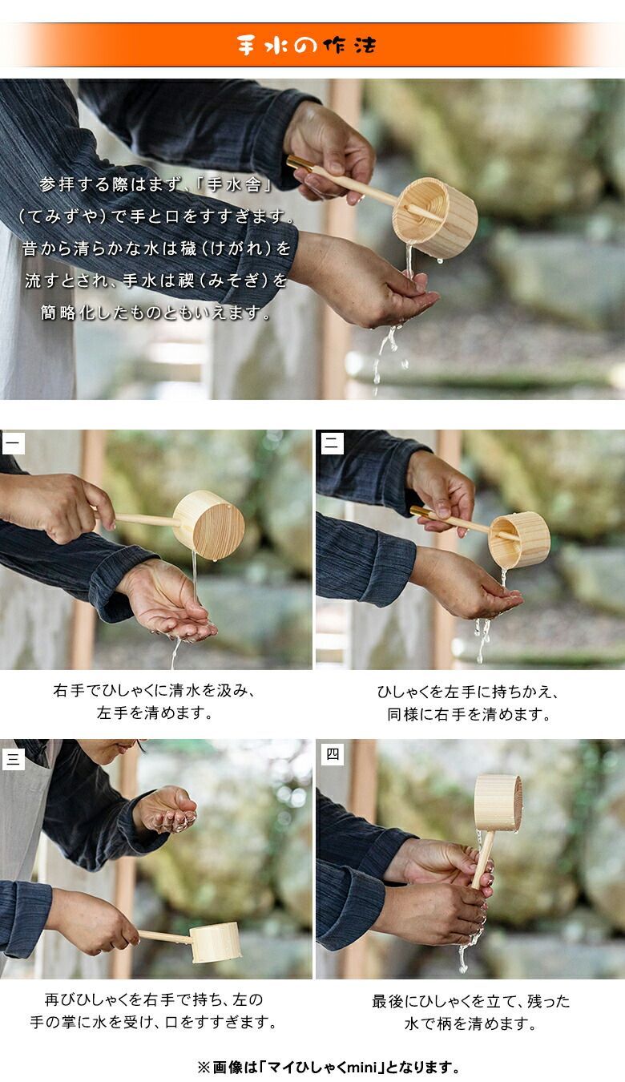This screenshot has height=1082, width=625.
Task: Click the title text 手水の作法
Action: [x=306, y=46]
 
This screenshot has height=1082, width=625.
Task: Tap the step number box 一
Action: [x=14, y=443]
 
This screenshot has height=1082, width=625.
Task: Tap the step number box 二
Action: [x=333, y=443]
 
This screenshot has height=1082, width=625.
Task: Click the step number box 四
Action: [x=333, y=754]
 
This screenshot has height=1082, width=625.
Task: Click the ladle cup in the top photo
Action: [x=435, y=217]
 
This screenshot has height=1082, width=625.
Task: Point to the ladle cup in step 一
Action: [x=208, y=525]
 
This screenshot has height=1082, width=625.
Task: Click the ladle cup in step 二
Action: [x=519, y=539]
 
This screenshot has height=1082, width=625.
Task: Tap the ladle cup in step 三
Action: [x=215, y=943]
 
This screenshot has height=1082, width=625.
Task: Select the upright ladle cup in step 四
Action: [x=498, y=802]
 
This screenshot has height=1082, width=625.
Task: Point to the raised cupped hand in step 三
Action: [x=166, y=809]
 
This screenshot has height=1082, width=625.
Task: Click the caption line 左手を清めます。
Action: [x=155, y=713]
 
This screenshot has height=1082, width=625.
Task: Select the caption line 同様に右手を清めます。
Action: [x=469, y=714]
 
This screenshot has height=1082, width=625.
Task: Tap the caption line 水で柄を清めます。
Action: [x=470, y=1023]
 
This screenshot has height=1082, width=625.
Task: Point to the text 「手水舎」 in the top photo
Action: [x=234, y=184]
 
